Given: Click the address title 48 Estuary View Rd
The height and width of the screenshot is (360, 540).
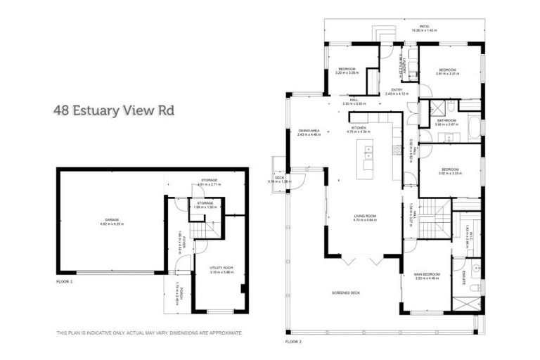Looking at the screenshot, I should (114, 110).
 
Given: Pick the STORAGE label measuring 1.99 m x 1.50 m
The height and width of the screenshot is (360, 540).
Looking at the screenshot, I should (205, 205).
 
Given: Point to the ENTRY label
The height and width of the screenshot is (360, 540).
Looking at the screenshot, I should (397, 91).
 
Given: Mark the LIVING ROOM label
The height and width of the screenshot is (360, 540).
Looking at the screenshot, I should (365, 217).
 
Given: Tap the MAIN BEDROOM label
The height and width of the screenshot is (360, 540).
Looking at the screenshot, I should (427, 275).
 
